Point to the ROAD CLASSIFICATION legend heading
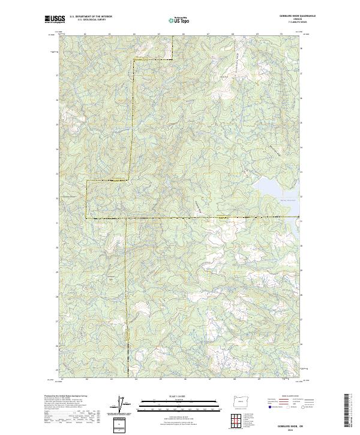(281, 397)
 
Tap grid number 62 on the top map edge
(86, 35)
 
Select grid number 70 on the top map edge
(281, 35)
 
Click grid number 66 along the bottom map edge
(184, 379)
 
